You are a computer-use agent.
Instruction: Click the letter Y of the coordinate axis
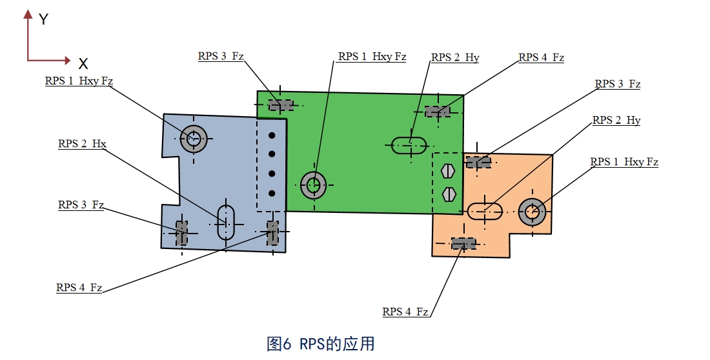click(x=43, y=19)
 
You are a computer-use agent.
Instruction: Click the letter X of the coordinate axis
click(x=83, y=63)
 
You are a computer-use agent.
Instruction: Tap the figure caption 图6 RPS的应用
click(x=321, y=343)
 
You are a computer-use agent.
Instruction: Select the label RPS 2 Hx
click(x=82, y=144)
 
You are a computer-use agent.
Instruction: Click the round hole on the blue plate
click(x=192, y=137)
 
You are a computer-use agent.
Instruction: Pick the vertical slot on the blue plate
click(x=225, y=222)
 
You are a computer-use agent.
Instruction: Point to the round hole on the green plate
click(x=314, y=185)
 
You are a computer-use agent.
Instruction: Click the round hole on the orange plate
click(x=532, y=211)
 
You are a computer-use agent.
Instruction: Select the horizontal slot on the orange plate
click(x=485, y=210)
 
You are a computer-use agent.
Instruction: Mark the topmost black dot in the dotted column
click(x=272, y=135)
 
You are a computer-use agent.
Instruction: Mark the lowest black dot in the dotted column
click(x=272, y=192)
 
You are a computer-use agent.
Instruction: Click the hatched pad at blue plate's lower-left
click(x=182, y=233)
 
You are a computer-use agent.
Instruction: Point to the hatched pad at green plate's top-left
click(x=280, y=105)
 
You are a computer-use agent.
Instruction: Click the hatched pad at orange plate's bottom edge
click(x=463, y=243)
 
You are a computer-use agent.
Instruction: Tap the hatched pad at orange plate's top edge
click(x=478, y=162)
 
